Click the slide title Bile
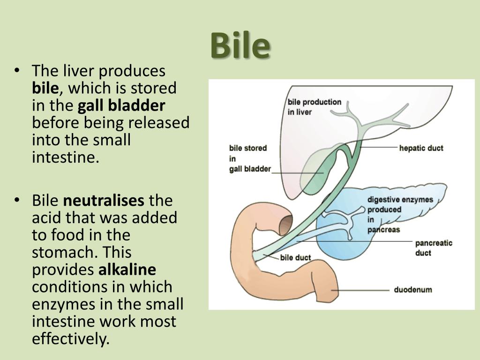[x=240, y=45]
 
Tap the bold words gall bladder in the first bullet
[x=121, y=105]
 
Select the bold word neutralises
[x=104, y=201]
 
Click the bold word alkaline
[x=127, y=270]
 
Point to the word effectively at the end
[x=70, y=339]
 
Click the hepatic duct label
[x=421, y=148]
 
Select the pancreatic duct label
[x=434, y=248]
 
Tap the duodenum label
[x=413, y=290]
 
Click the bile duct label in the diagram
[x=295, y=258]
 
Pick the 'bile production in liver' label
[x=315, y=107]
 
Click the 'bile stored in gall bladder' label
[x=250, y=158]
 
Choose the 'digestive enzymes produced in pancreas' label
[x=400, y=215]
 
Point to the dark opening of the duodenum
[x=286, y=222]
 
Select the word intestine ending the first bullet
[x=65, y=157]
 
